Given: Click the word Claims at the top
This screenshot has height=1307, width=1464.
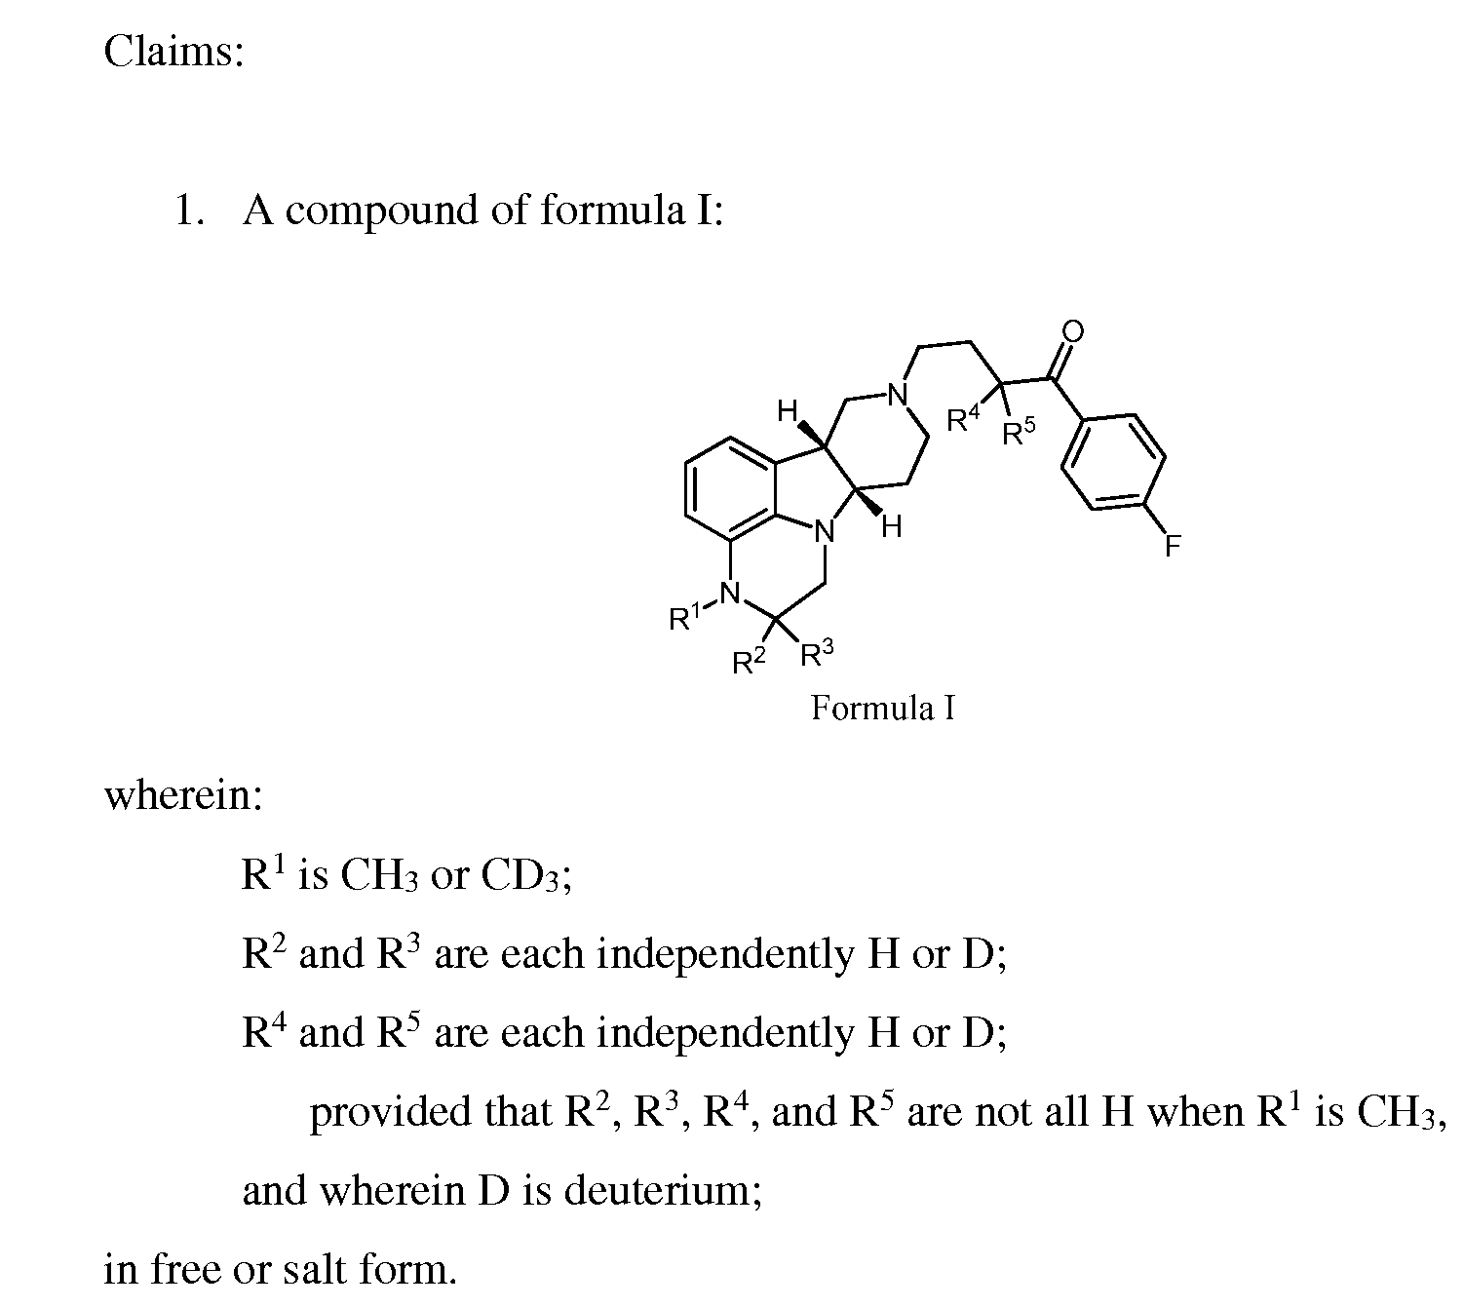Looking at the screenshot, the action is pos(173,52).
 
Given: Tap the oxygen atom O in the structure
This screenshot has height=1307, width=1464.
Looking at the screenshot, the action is pos(1073,331).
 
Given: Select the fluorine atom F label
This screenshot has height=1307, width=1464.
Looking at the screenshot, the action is pos(1172,546).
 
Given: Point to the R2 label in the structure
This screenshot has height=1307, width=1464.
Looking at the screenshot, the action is pos(749,659).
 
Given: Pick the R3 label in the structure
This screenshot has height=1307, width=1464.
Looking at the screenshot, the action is pos(817,653).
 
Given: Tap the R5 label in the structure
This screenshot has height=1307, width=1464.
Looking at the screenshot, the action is pos(1019,432).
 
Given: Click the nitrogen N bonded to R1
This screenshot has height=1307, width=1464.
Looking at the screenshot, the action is pos(731,594).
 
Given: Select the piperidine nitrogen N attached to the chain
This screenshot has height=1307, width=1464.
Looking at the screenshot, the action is pos(898,395).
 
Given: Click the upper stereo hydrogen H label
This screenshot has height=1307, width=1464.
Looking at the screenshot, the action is pos(787,411).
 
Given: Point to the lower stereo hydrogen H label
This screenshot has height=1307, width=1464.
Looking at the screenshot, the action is pos(892,526).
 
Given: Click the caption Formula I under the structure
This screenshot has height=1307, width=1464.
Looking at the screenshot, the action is pos(882,708).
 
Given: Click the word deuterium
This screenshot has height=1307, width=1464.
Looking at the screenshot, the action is pos(663,1190).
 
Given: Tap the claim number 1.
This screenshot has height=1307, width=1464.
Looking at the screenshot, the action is pos(189,211).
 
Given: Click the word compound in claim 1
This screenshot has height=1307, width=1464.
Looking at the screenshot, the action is pos(381,211).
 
